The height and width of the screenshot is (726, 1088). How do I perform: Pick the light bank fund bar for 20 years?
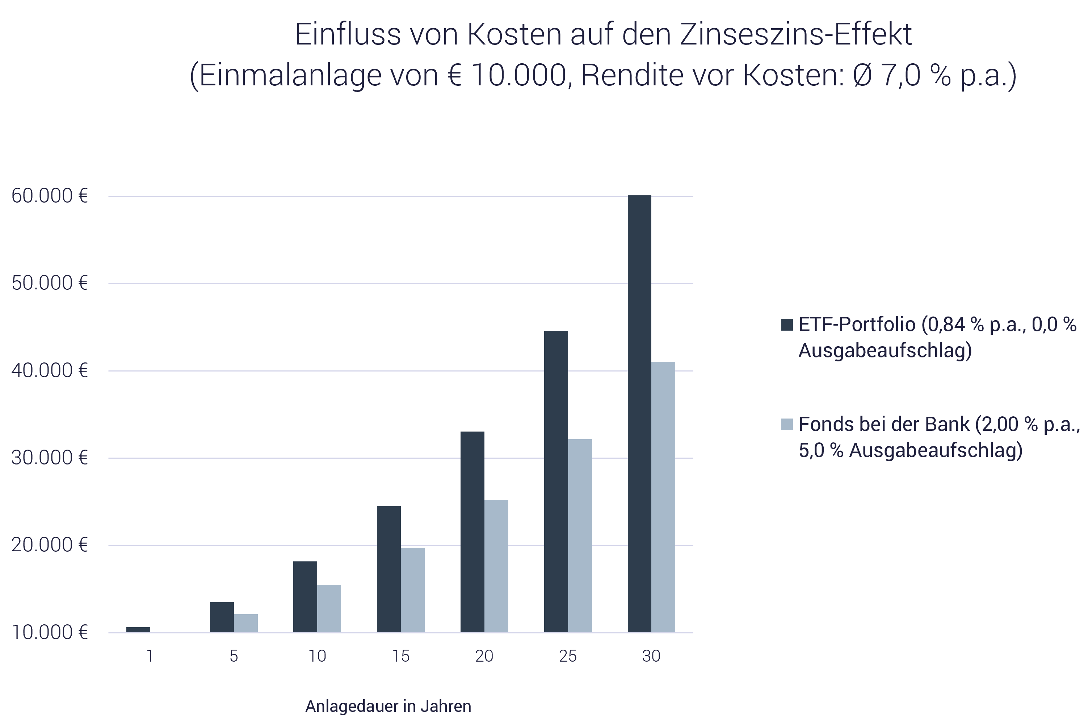[x=496, y=566]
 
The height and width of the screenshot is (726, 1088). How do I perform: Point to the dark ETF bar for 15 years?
[x=389, y=569]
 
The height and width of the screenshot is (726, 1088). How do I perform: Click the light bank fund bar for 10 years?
[x=329, y=608]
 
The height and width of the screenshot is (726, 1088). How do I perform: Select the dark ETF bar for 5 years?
[x=222, y=617]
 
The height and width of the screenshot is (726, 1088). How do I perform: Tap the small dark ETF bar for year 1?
[x=138, y=630]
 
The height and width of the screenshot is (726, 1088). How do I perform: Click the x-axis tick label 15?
[x=401, y=656]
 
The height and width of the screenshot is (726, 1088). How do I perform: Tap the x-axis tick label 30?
[x=651, y=656]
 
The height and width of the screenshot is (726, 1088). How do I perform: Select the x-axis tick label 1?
[x=150, y=656]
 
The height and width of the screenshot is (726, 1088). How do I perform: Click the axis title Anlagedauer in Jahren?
[x=388, y=706]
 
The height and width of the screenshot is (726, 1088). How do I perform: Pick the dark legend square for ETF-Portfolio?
[x=787, y=324]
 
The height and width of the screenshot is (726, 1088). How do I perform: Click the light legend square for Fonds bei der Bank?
[x=787, y=424]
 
